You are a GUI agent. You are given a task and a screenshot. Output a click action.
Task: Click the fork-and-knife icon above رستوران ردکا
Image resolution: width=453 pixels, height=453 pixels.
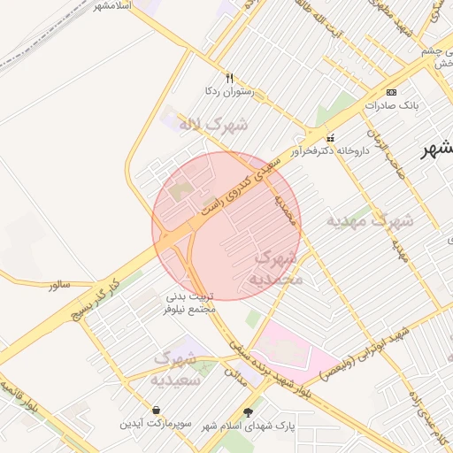(229, 78)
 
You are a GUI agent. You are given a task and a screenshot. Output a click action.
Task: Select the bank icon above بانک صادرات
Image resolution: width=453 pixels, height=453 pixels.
(392, 92)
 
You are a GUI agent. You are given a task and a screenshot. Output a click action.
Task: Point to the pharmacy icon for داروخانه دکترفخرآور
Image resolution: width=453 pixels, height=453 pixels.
(331, 137)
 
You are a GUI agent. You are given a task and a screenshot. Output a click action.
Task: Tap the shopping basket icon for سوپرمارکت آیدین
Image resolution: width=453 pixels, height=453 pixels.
(157, 411)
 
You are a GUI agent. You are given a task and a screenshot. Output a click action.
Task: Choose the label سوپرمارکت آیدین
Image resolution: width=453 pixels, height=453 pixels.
(157, 425)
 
